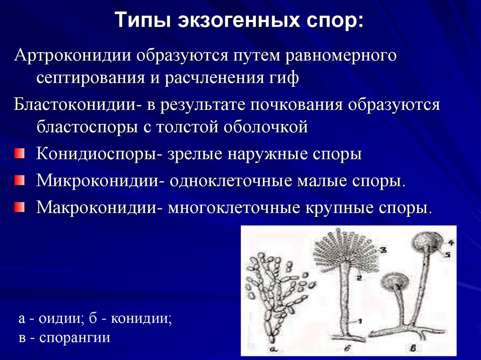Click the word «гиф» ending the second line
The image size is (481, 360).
(x=282, y=77)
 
